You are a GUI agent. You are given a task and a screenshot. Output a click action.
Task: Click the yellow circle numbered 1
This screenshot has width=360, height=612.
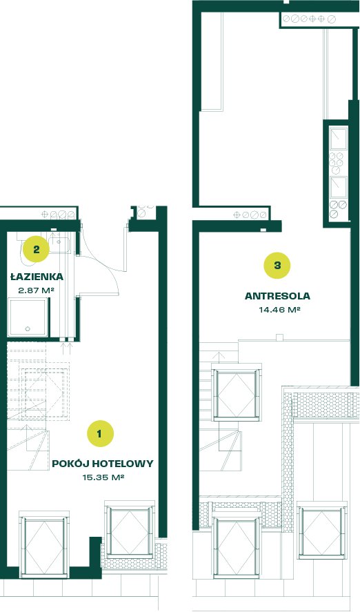(x=99, y=433)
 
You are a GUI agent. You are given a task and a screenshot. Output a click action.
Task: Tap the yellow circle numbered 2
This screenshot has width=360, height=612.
(x=36, y=249)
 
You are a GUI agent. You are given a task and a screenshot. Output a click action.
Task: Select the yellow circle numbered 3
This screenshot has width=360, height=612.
(x=277, y=266)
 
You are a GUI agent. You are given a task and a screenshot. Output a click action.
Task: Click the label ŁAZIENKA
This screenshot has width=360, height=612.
(x=37, y=277)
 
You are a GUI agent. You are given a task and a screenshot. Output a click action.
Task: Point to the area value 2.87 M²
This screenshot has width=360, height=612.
(x=36, y=290)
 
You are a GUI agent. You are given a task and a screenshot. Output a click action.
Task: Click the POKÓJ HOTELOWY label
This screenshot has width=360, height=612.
(x=103, y=464)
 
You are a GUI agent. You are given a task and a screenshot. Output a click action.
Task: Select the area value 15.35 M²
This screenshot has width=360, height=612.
(x=103, y=477)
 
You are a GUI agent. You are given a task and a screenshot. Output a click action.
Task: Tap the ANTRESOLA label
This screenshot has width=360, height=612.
(x=277, y=296)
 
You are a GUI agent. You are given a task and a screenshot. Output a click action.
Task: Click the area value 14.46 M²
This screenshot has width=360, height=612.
(x=279, y=310)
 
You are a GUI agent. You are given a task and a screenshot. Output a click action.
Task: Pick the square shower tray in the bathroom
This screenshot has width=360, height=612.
(x=28, y=317)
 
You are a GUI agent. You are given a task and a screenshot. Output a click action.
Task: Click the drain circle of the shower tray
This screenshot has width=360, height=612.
(x=28, y=328)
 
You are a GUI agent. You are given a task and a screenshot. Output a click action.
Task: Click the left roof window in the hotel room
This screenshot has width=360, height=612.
(x=44, y=543)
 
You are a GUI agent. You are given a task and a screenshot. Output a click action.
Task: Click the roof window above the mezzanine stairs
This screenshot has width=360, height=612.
(x=237, y=393)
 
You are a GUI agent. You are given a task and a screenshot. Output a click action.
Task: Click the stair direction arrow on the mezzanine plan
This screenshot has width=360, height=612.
(x=219, y=356)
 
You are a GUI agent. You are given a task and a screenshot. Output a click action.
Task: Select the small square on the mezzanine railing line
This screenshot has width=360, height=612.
(x=279, y=337)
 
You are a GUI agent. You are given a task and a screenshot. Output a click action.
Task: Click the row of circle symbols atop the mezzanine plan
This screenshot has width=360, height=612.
(x=309, y=19)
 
